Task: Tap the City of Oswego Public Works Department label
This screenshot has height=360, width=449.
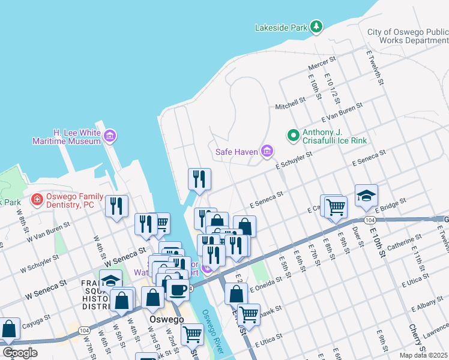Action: (407, 37)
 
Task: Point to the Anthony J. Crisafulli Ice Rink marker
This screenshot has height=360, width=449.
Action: (294, 136)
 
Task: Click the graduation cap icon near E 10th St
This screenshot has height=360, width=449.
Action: (366, 195)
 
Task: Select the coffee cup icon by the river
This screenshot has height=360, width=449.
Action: (177, 290)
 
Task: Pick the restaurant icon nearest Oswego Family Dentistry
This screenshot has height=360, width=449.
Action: (116, 205)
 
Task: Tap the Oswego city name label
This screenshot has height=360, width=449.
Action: (166, 319)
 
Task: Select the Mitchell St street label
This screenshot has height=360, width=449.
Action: (291, 105)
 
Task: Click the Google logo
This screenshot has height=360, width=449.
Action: (20, 352)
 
